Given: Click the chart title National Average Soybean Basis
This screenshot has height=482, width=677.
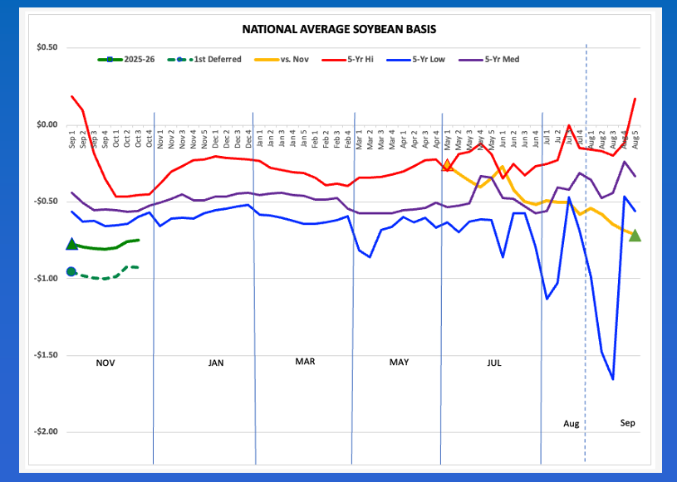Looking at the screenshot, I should (x=339, y=29).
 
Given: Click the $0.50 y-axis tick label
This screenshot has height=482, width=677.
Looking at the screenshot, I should (x=46, y=47).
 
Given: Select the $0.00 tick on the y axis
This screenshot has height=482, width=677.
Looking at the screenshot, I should (x=46, y=125).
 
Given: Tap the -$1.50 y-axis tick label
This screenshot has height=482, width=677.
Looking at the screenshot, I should (x=45, y=355).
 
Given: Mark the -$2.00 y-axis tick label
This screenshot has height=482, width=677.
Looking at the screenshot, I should (x=45, y=432).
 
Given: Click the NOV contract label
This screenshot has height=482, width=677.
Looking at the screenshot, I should (x=105, y=363).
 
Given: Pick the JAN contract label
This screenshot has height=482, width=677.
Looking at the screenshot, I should (x=216, y=363).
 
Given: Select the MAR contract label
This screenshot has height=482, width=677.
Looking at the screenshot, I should (x=305, y=362).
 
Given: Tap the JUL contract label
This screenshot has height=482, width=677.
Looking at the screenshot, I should (x=494, y=363).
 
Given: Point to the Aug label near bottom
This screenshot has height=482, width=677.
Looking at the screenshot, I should (x=571, y=424).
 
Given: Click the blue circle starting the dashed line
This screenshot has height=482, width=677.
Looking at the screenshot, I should (x=71, y=271).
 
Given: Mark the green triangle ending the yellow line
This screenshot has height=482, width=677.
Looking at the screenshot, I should (x=635, y=235).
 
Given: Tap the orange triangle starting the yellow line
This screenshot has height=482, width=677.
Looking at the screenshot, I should (x=447, y=166).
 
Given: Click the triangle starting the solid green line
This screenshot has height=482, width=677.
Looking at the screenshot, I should (x=71, y=244).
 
